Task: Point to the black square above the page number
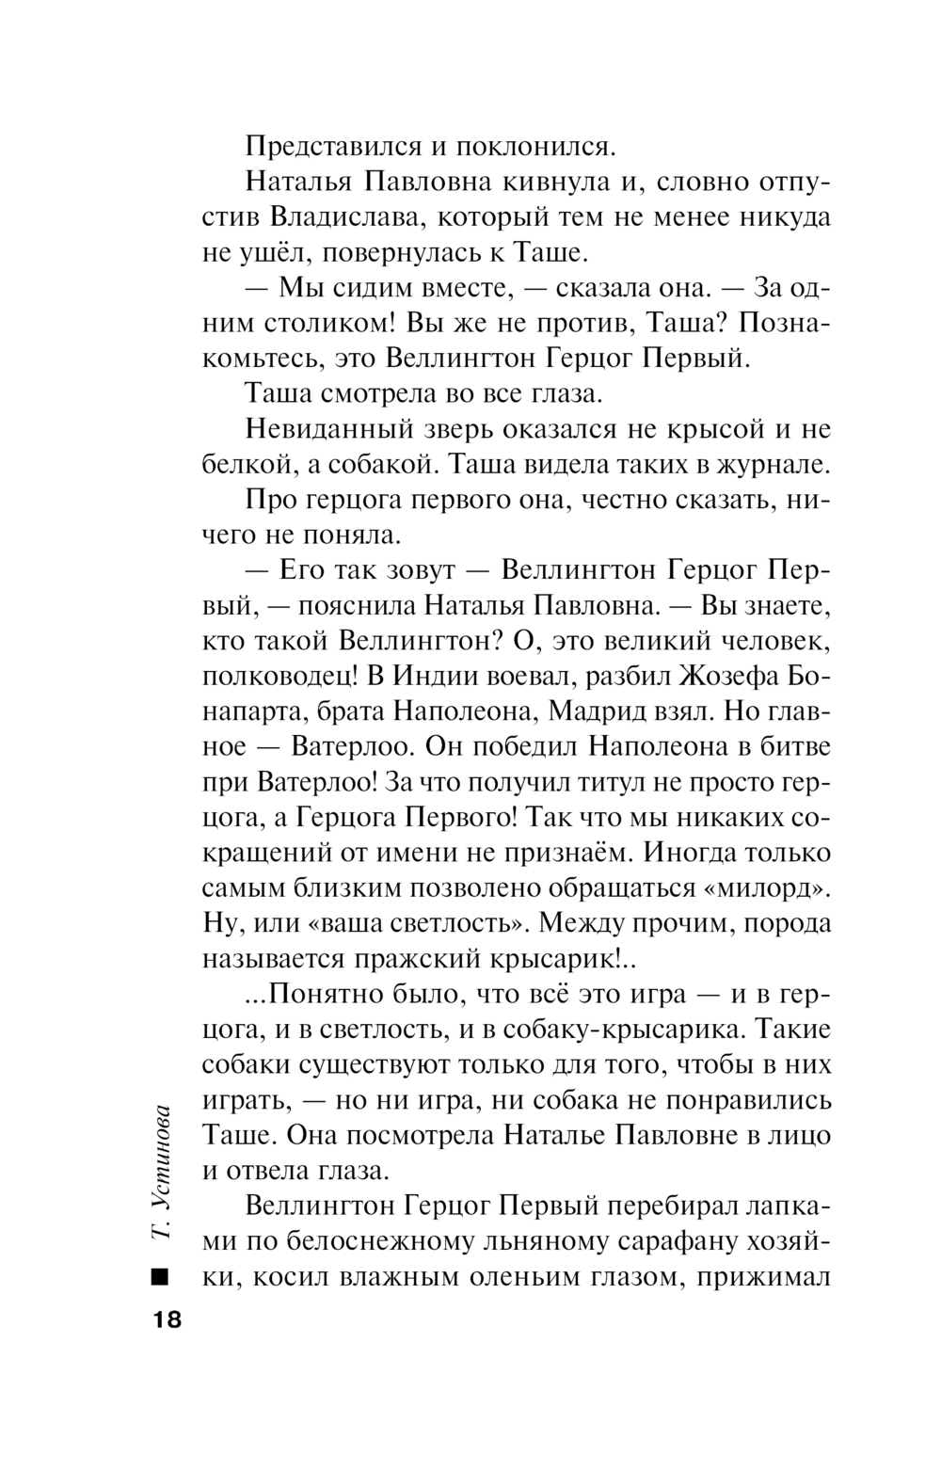159,1277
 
